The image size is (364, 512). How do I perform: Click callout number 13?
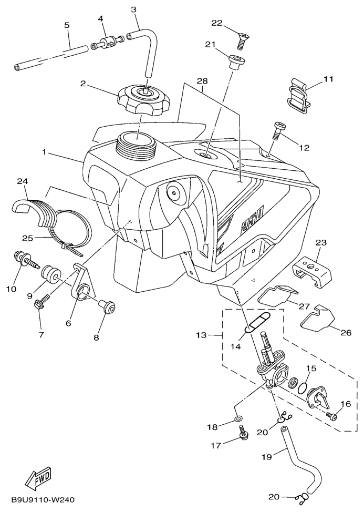pyautogui.click(x=202, y=335)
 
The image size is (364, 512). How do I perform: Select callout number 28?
pyautogui.click(x=202, y=80)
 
